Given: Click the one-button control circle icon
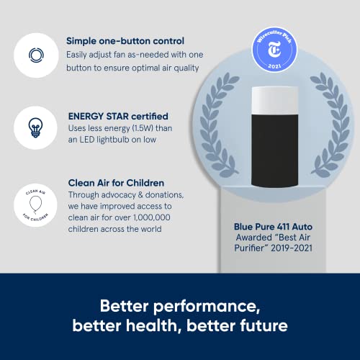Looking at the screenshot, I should point(35,55).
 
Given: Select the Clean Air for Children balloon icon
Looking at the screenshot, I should point(35,205).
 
